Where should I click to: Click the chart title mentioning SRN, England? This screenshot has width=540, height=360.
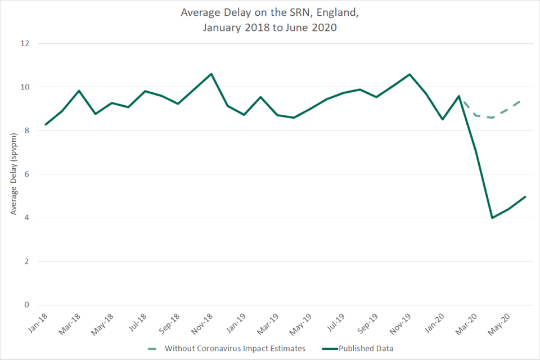270,20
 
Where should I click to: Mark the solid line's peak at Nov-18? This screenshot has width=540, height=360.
211,74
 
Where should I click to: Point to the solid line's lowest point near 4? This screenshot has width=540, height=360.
492,218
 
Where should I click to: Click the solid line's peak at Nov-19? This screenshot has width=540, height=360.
409,74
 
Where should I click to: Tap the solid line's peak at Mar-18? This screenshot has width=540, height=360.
79,91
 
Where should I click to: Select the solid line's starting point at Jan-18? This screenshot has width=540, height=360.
46,124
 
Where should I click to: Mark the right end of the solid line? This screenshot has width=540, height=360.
525,197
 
